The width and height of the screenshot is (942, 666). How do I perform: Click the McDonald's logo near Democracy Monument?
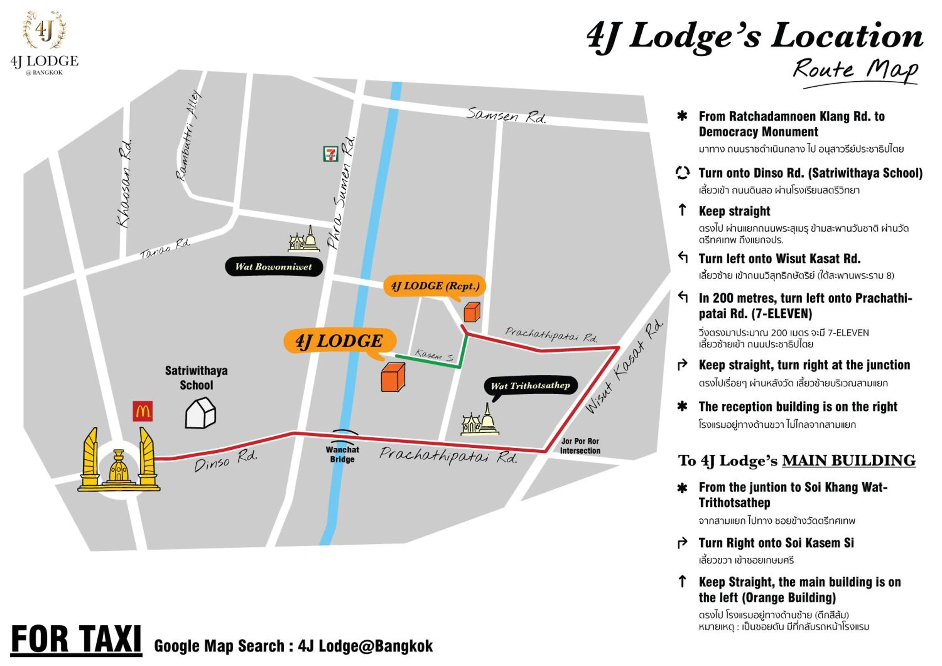[x=142, y=411]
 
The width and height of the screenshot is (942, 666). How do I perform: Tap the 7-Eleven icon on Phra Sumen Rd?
[x=330, y=154]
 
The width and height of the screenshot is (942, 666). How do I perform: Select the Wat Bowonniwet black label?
[x=274, y=267]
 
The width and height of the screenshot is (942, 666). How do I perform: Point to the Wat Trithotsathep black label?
[x=530, y=386]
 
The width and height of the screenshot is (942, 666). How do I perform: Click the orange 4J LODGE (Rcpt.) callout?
[x=435, y=286]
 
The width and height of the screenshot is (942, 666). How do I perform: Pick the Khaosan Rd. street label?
[x=125, y=184]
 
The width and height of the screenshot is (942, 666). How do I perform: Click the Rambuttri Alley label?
[x=189, y=135]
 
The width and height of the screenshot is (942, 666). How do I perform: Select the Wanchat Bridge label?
[x=342, y=454]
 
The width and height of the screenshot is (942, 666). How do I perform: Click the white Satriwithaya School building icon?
[x=200, y=413]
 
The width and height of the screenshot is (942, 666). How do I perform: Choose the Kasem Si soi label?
[x=434, y=355]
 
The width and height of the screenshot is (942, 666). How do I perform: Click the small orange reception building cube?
[x=472, y=312]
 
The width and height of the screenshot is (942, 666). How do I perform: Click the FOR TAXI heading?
[x=76, y=639]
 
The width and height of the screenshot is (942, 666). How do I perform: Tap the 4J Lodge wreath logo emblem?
[x=44, y=30]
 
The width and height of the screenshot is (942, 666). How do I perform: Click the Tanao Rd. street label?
[x=165, y=248]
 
